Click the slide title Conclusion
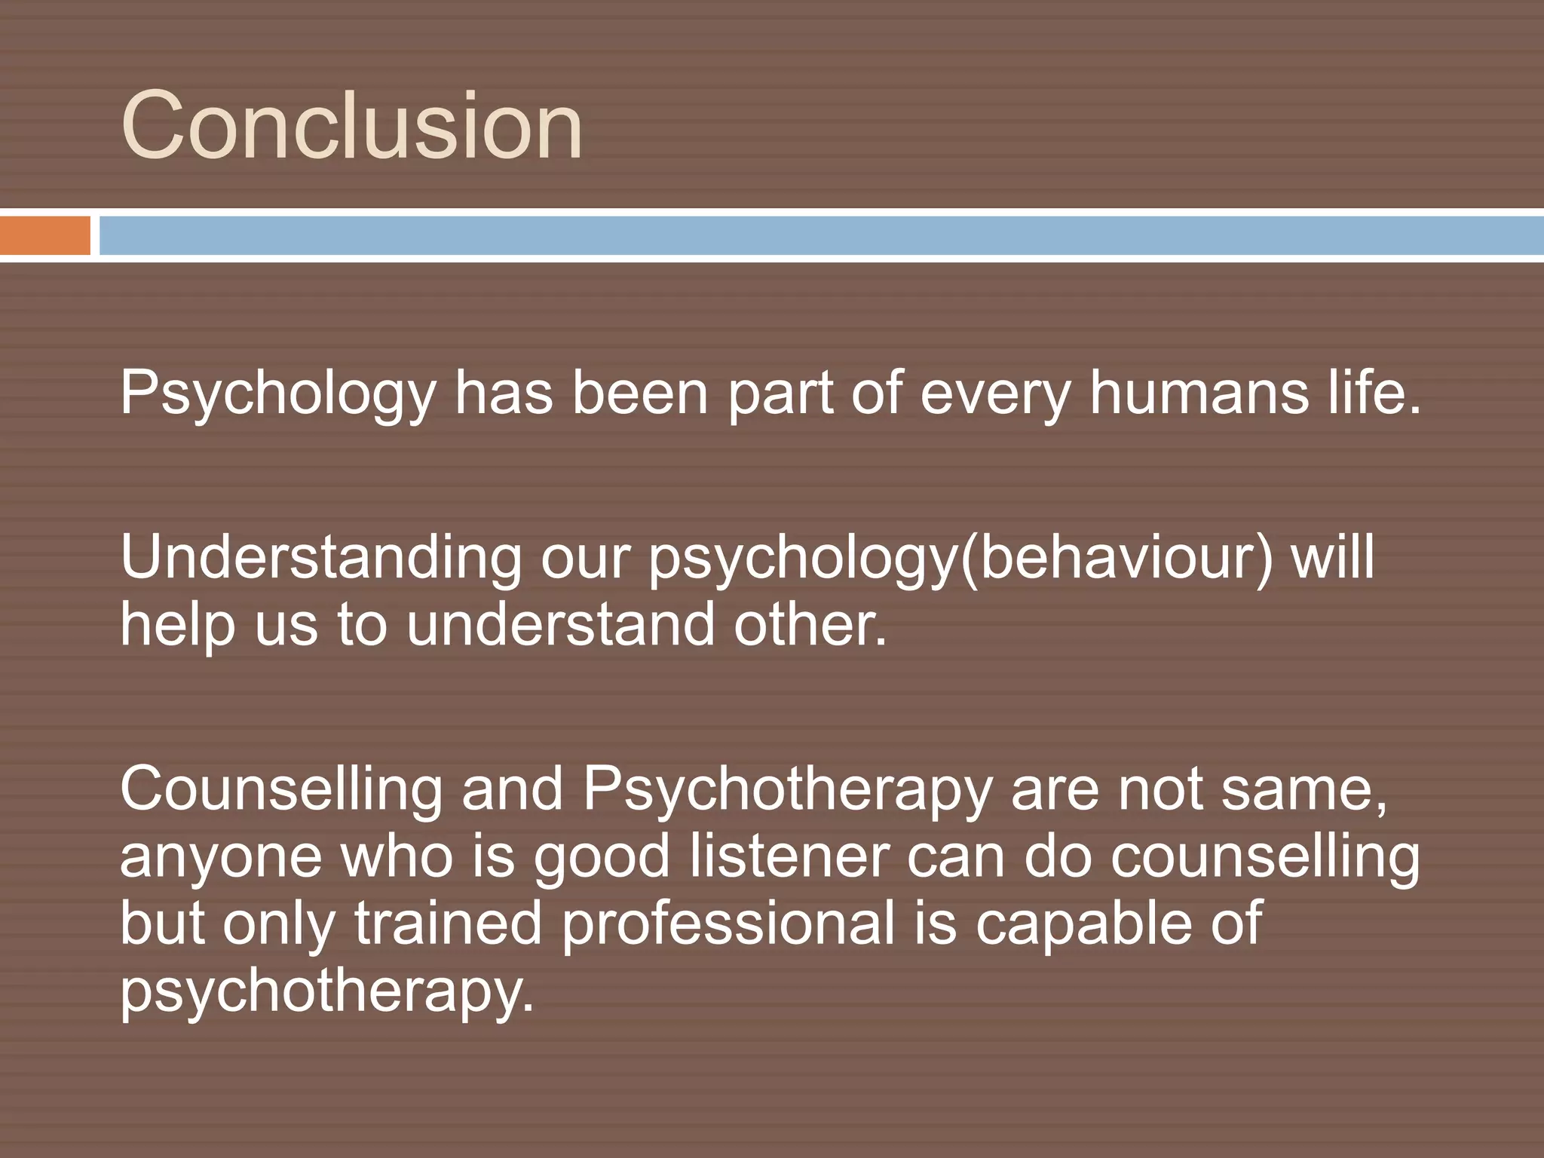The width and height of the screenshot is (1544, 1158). click(351, 125)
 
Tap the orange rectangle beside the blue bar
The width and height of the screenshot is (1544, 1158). click(44, 235)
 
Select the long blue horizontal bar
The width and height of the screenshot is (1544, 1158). click(820, 235)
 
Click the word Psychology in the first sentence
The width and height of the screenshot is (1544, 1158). click(277, 394)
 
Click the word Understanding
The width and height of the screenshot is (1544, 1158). click(320, 558)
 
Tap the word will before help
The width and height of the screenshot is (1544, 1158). click(1333, 558)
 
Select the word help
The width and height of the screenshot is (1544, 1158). click(178, 626)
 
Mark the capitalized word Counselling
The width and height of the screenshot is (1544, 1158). click(280, 789)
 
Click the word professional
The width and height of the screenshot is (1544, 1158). click(728, 924)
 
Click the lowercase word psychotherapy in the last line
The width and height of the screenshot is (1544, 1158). click(326, 991)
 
